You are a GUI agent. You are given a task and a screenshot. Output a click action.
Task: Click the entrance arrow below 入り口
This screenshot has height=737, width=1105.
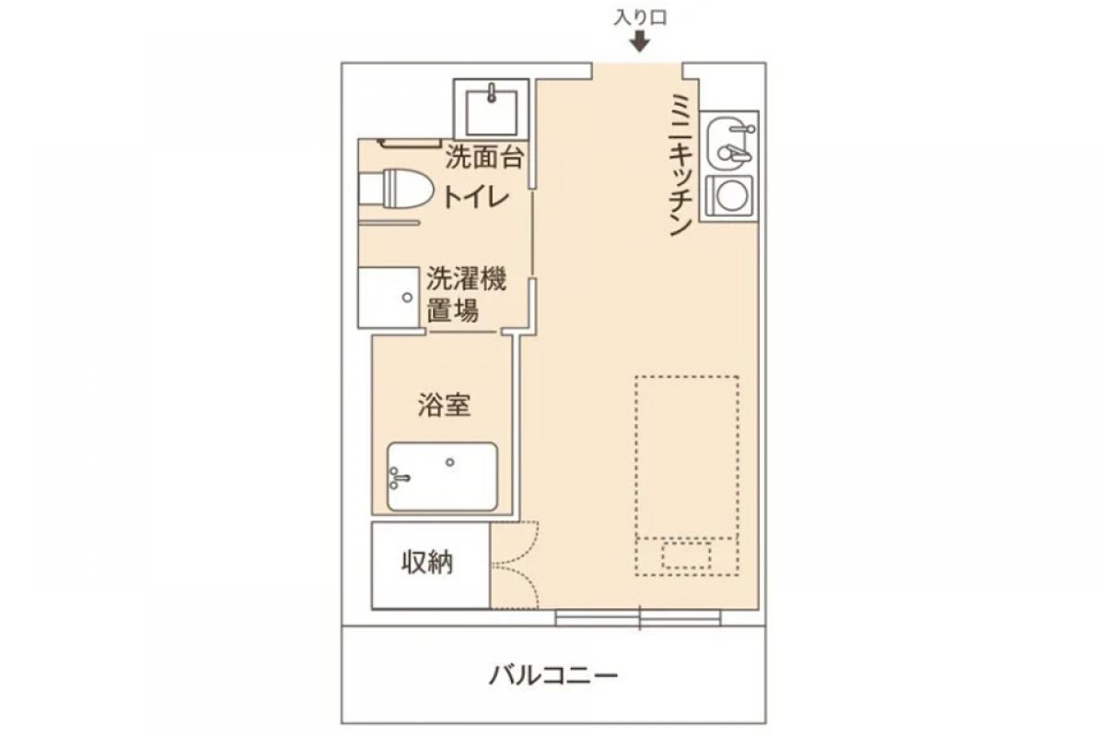640,42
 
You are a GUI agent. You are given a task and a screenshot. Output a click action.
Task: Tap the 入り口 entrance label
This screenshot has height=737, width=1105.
640,18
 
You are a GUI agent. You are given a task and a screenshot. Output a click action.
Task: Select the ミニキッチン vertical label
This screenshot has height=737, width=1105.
681,165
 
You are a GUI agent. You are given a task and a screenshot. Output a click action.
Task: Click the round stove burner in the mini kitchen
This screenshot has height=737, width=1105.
730,195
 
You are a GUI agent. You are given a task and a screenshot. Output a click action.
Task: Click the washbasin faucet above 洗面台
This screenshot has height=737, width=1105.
492,93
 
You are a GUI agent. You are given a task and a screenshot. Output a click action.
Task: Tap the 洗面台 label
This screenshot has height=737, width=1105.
484,158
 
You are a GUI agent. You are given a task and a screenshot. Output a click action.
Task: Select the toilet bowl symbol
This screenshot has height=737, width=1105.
396,189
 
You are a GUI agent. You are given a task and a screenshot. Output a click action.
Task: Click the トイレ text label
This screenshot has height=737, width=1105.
476,198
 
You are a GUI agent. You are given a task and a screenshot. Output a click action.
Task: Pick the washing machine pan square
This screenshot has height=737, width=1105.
389,298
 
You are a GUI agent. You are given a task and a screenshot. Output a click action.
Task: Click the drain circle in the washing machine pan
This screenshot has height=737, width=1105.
407,298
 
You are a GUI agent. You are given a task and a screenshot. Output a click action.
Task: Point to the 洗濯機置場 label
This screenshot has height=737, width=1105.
466,295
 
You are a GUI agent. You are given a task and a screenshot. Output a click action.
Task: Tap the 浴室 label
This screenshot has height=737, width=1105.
444,404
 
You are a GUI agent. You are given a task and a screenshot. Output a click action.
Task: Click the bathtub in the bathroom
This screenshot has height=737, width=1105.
442,477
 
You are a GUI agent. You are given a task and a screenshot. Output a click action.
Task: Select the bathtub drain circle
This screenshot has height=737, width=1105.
449,462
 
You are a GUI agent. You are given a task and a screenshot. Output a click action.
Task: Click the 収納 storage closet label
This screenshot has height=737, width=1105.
426,563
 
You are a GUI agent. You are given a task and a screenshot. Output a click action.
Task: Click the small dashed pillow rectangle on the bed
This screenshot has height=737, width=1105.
686,556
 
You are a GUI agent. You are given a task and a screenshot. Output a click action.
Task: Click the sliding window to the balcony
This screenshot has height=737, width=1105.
638,618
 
